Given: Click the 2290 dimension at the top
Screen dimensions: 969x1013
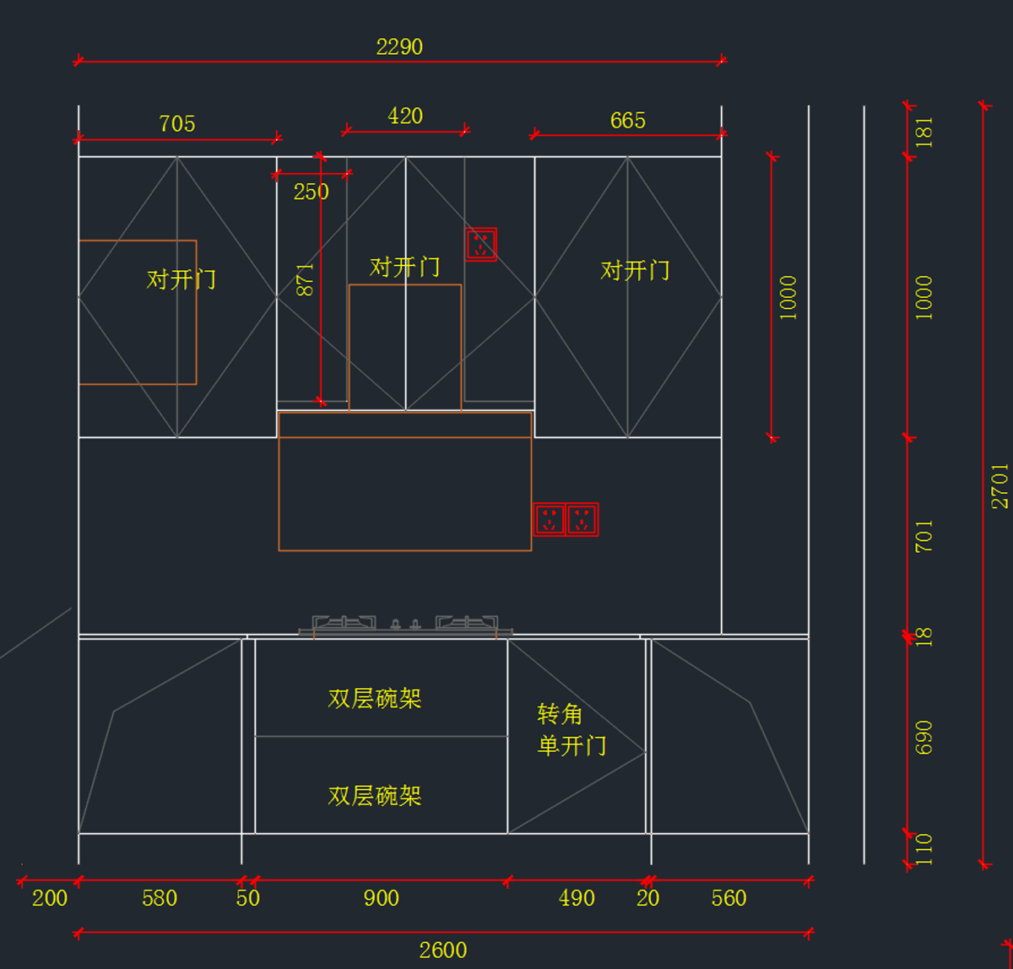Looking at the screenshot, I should [399, 47].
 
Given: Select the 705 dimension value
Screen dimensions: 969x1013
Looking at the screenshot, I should [177, 124].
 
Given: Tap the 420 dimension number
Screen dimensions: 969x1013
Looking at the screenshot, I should [405, 116].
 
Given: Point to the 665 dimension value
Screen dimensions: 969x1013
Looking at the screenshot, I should [628, 121].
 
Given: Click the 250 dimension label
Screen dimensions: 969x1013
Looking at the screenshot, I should [311, 192].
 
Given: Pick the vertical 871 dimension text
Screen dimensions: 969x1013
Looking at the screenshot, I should [306, 279].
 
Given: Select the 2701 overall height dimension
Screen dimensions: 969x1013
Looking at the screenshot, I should [999, 485].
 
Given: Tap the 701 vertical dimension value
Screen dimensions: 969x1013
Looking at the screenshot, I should [924, 537].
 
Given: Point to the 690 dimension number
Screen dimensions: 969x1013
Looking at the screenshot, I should [924, 737].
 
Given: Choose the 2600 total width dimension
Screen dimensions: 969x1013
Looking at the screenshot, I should [443, 950].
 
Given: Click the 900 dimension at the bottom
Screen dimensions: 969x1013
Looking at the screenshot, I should [382, 898].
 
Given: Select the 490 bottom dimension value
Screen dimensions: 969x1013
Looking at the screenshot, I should [577, 898].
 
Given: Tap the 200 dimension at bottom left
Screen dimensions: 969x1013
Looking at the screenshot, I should [50, 898].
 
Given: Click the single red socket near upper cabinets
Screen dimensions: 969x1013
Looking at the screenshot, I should [481, 245].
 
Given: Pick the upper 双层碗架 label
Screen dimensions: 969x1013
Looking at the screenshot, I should [375, 699].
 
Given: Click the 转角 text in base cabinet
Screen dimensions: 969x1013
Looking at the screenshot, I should [561, 715].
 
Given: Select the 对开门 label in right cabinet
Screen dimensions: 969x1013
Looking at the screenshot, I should [635, 271].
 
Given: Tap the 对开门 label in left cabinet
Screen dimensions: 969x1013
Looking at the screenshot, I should [181, 279].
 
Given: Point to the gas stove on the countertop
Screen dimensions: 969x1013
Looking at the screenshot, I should [405, 625].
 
